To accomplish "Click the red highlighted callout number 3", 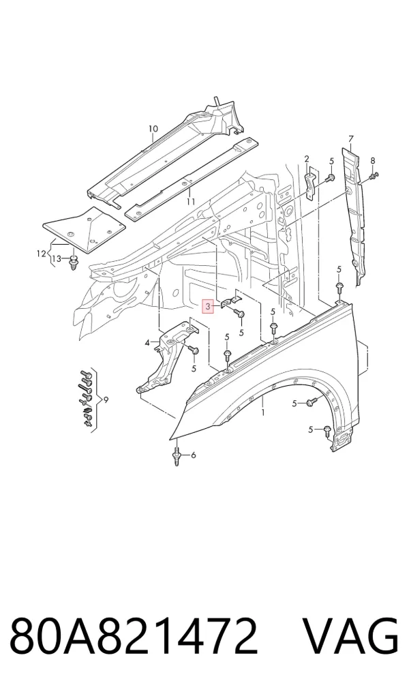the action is [x=208, y=306].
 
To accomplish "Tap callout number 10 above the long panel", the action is [x=153, y=129].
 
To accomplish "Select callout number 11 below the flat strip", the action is [x=191, y=202].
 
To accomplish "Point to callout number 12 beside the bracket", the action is [x=41, y=254].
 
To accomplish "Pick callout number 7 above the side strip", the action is [x=351, y=138].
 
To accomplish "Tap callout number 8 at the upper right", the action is [x=372, y=160].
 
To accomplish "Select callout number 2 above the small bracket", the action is [x=306, y=160].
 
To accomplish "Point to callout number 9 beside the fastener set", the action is [x=106, y=400].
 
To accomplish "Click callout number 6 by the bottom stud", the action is [x=193, y=455].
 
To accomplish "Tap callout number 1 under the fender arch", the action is [x=263, y=412].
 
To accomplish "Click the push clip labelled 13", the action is [x=72, y=263].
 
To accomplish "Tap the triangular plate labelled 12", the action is [x=85, y=228].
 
